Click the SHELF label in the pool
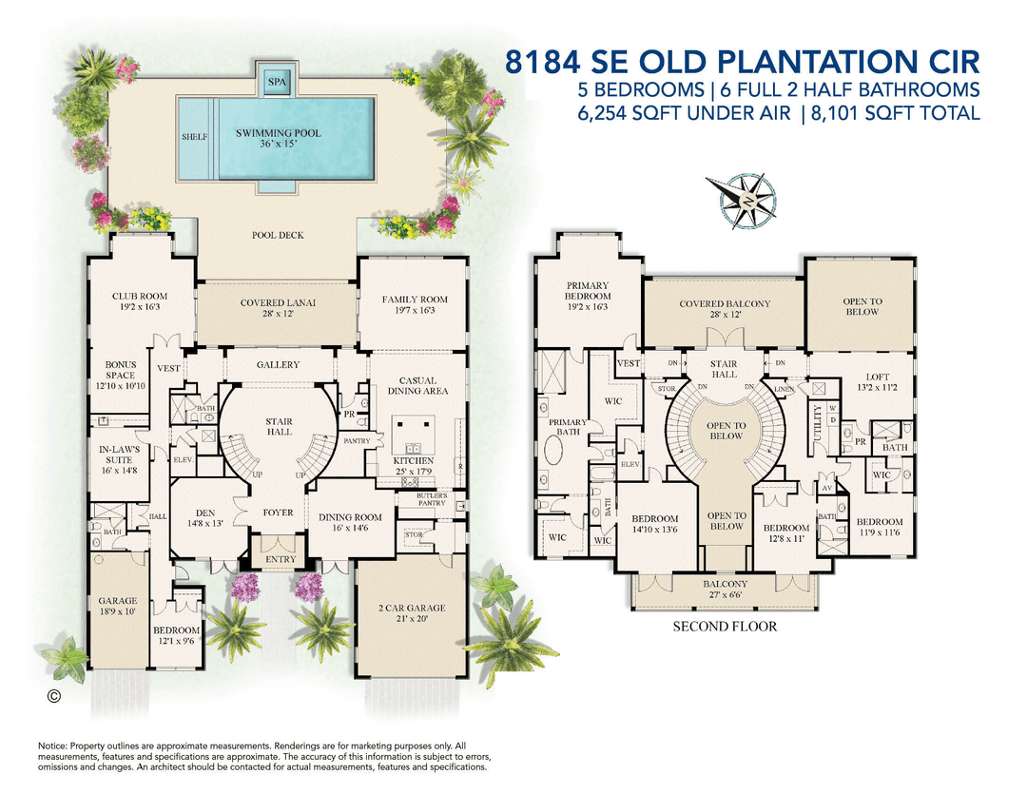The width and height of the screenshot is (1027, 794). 194,137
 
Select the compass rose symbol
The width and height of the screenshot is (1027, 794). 746,202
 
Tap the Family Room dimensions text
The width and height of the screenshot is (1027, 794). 415,311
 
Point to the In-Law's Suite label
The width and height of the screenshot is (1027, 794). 120,454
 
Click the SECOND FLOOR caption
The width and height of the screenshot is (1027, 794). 725,627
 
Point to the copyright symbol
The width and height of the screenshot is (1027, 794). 54,697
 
